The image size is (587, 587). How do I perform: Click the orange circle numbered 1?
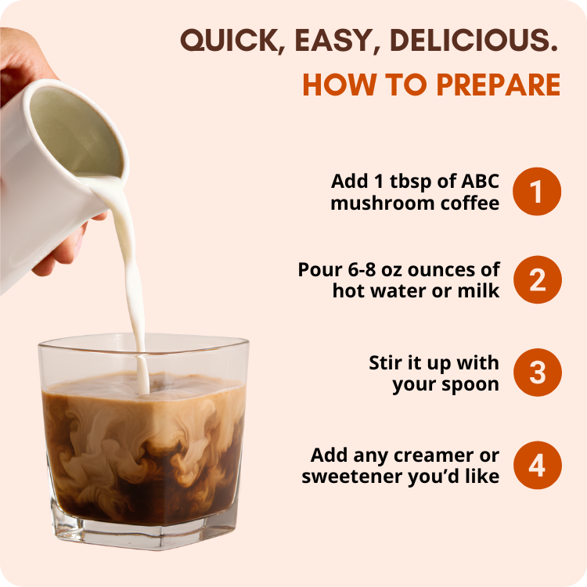pos(537,191)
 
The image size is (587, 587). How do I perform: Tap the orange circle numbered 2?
pos(537,279)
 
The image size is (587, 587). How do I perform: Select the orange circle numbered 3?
pos(537,373)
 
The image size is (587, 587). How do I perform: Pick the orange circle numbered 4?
pos(537,465)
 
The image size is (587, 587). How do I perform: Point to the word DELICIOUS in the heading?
pos(479,41)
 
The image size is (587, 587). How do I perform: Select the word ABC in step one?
pos(479,181)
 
